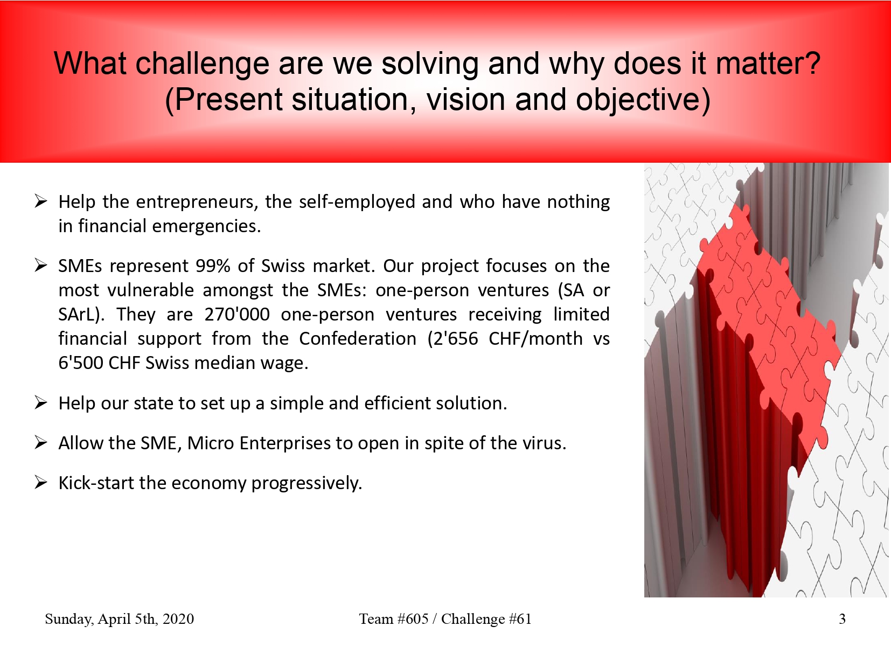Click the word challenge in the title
[x=202, y=64]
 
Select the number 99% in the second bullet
[x=213, y=266]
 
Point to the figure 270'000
[x=236, y=314]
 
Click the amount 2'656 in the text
[x=452, y=338]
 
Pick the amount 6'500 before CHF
[x=81, y=363]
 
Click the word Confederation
[x=358, y=338]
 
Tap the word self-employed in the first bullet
[x=357, y=202]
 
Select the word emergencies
[x=206, y=226]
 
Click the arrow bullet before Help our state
[x=41, y=403]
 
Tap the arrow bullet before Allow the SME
[x=41, y=443]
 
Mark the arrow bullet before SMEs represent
[x=41, y=266]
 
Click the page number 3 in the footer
[x=842, y=619]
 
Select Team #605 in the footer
[x=394, y=619]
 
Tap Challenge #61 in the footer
[x=486, y=619]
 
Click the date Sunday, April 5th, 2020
[x=120, y=619]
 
